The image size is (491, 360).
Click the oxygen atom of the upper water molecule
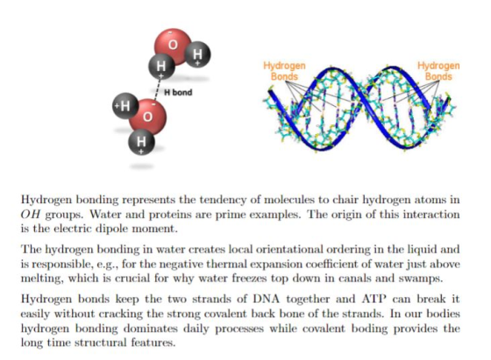[173, 46]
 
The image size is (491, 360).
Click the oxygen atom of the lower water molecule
[148, 116]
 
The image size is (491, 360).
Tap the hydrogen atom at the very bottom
[141, 142]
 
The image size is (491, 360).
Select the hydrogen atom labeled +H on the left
[125, 106]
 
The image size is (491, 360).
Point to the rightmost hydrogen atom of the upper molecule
[197, 54]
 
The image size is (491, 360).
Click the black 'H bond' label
[178, 92]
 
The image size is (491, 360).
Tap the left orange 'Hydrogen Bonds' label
[284, 71]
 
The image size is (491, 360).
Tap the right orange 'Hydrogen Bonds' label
[438, 71]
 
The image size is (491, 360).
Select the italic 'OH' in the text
[31, 215]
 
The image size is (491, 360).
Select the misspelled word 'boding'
[369, 328]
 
